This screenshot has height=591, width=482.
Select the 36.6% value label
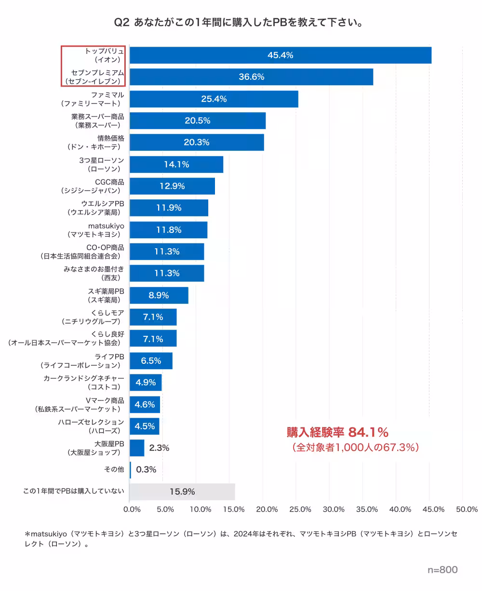[x=251, y=77]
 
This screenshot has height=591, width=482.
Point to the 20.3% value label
[x=197, y=142]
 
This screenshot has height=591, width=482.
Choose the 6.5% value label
[x=151, y=361]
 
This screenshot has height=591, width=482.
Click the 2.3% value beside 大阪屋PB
[x=159, y=448]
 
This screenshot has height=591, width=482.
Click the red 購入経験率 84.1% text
[x=337, y=431]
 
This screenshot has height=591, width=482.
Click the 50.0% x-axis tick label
[x=466, y=510]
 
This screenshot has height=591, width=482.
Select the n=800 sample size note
[x=442, y=570]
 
